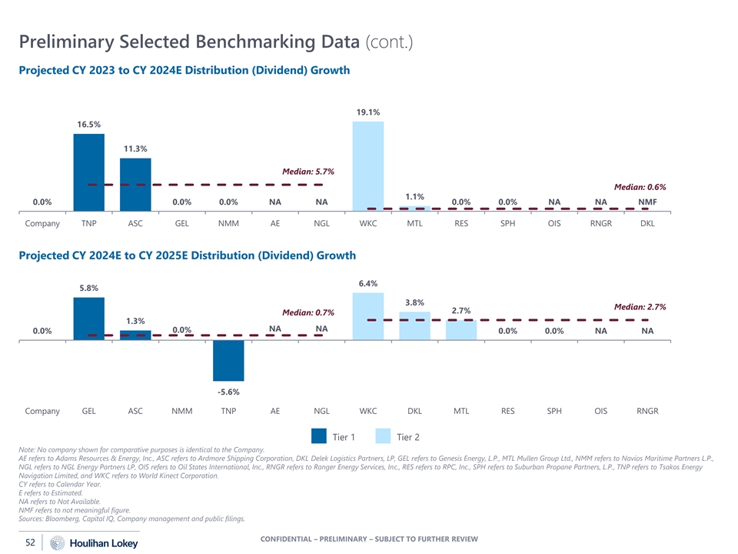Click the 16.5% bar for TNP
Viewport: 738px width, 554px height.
(x=88, y=172)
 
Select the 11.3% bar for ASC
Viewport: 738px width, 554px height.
(x=135, y=184)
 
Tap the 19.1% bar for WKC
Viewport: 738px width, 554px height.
(x=368, y=165)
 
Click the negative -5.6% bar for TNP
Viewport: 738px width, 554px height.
(x=228, y=360)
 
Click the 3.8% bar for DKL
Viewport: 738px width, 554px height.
(x=414, y=325)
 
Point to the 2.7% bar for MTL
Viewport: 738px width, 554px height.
(x=461, y=330)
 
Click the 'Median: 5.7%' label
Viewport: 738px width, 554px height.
(x=308, y=172)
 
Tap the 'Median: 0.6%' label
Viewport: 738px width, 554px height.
(x=640, y=187)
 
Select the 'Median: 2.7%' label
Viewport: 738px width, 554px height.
(x=640, y=306)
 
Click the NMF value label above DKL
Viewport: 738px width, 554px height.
(x=647, y=202)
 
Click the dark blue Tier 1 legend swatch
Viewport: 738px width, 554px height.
(x=319, y=436)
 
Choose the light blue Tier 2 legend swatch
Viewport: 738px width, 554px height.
(x=383, y=436)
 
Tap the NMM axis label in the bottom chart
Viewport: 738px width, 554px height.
(x=181, y=411)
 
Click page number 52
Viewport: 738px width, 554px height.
(x=31, y=542)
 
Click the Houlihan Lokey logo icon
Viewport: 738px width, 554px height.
(x=57, y=543)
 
